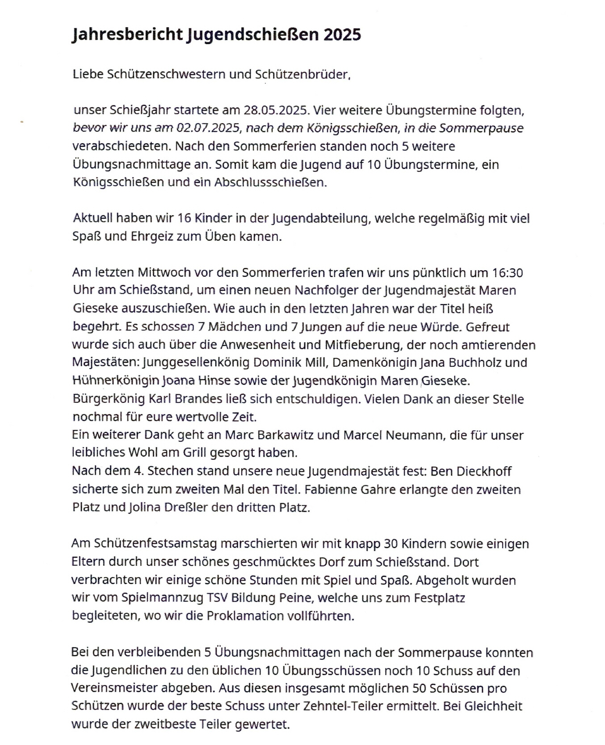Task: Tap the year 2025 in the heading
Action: [x=342, y=35]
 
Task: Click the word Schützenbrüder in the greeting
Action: [x=302, y=74]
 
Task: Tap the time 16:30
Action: [x=508, y=272]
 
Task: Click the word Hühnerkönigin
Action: [x=116, y=381]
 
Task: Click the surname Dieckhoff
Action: [x=484, y=471]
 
